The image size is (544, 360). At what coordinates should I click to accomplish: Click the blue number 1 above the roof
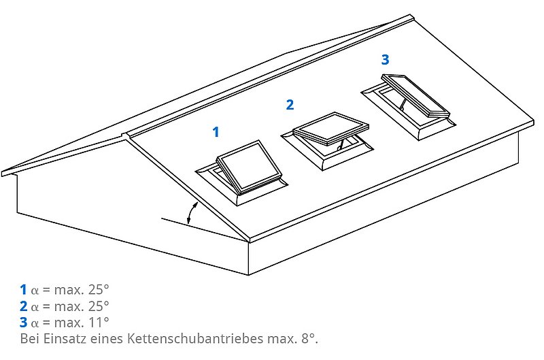click(x=216, y=132)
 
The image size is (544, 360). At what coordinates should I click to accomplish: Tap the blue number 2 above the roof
click(x=290, y=105)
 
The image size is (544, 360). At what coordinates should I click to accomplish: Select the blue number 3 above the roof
click(x=385, y=59)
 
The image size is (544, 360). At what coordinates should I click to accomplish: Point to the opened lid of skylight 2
click(x=331, y=128)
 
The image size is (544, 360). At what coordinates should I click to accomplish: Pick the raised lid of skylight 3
click(x=415, y=95)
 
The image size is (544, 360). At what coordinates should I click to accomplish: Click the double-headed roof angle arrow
click(x=192, y=212)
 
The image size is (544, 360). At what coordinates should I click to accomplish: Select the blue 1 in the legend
click(x=23, y=289)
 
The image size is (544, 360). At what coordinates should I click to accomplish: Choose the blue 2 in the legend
click(x=23, y=306)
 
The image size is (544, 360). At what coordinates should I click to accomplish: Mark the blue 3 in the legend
click(x=23, y=323)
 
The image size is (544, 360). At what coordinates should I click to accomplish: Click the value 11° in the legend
click(x=99, y=323)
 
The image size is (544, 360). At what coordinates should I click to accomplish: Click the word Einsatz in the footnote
click(x=65, y=338)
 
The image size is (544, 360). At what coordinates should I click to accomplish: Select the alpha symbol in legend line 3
click(x=35, y=324)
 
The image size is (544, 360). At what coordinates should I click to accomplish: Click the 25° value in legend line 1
click(x=99, y=289)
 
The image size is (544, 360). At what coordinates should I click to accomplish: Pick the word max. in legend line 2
click(x=69, y=306)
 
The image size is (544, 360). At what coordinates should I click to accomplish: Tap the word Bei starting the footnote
click(x=29, y=338)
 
